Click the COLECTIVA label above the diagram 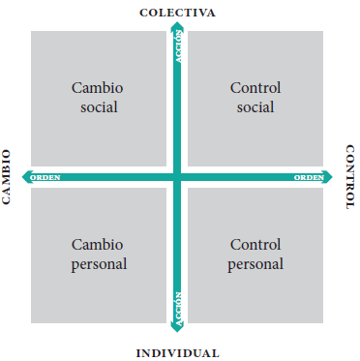click(x=177, y=13)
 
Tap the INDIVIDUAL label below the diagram click(x=177, y=353)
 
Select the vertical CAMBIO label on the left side click(x=6, y=177)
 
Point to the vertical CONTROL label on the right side click(x=350, y=177)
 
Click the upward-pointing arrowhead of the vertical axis click(x=177, y=26)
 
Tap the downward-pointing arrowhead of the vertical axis click(x=177, y=327)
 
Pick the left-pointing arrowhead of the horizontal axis click(x=26, y=177)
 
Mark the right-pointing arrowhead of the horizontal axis click(x=327, y=177)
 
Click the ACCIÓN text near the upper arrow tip click(x=178, y=46)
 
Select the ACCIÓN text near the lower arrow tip click(x=178, y=309)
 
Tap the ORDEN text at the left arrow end click(x=45, y=177)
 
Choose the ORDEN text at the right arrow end click(x=309, y=177)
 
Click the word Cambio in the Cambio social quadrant click(x=97, y=88)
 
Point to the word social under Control click(x=255, y=107)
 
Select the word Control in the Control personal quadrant click(x=255, y=245)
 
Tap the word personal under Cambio click(x=99, y=264)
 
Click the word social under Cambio click(x=99, y=107)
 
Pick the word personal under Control click(x=255, y=264)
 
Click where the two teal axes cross click(x=177, y=177)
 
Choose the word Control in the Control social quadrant click(x=255, y=88)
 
